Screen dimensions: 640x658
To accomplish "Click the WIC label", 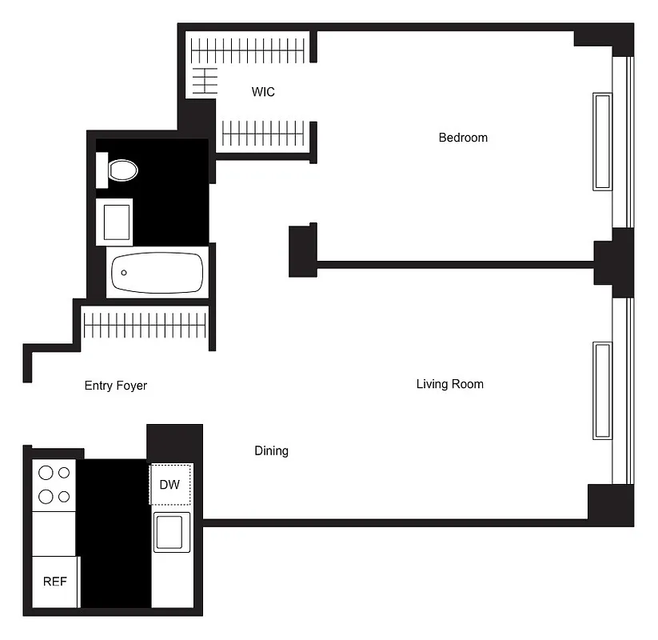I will pos(263,92).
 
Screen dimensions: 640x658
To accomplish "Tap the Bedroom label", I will pos(463,138).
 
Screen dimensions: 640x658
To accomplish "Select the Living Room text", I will pos(449,384).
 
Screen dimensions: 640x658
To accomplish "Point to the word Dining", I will pos(271,451).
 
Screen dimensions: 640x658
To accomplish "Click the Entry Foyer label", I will pos(116,386).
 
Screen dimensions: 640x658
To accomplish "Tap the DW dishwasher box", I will pos(170,484).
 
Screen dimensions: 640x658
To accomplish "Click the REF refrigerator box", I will pos(54,581).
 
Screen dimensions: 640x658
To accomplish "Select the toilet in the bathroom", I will pos(121,169).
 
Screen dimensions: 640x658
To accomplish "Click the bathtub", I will pos(157,273).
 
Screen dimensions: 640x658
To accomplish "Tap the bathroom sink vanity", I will pos(114,222).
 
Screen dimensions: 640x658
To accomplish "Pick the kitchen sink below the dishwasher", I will pos(172,532).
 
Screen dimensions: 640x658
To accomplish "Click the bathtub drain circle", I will pos(124,273).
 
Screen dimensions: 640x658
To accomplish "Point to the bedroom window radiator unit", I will pos(602,142).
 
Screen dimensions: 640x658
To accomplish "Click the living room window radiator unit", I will pos(602,390).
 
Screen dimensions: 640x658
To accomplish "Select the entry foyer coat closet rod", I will pos(145,326).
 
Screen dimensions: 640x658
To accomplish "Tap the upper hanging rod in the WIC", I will pos(249,52).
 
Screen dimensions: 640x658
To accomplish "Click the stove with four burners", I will pos(54,485).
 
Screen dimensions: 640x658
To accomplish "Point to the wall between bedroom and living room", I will pos(456,262).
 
